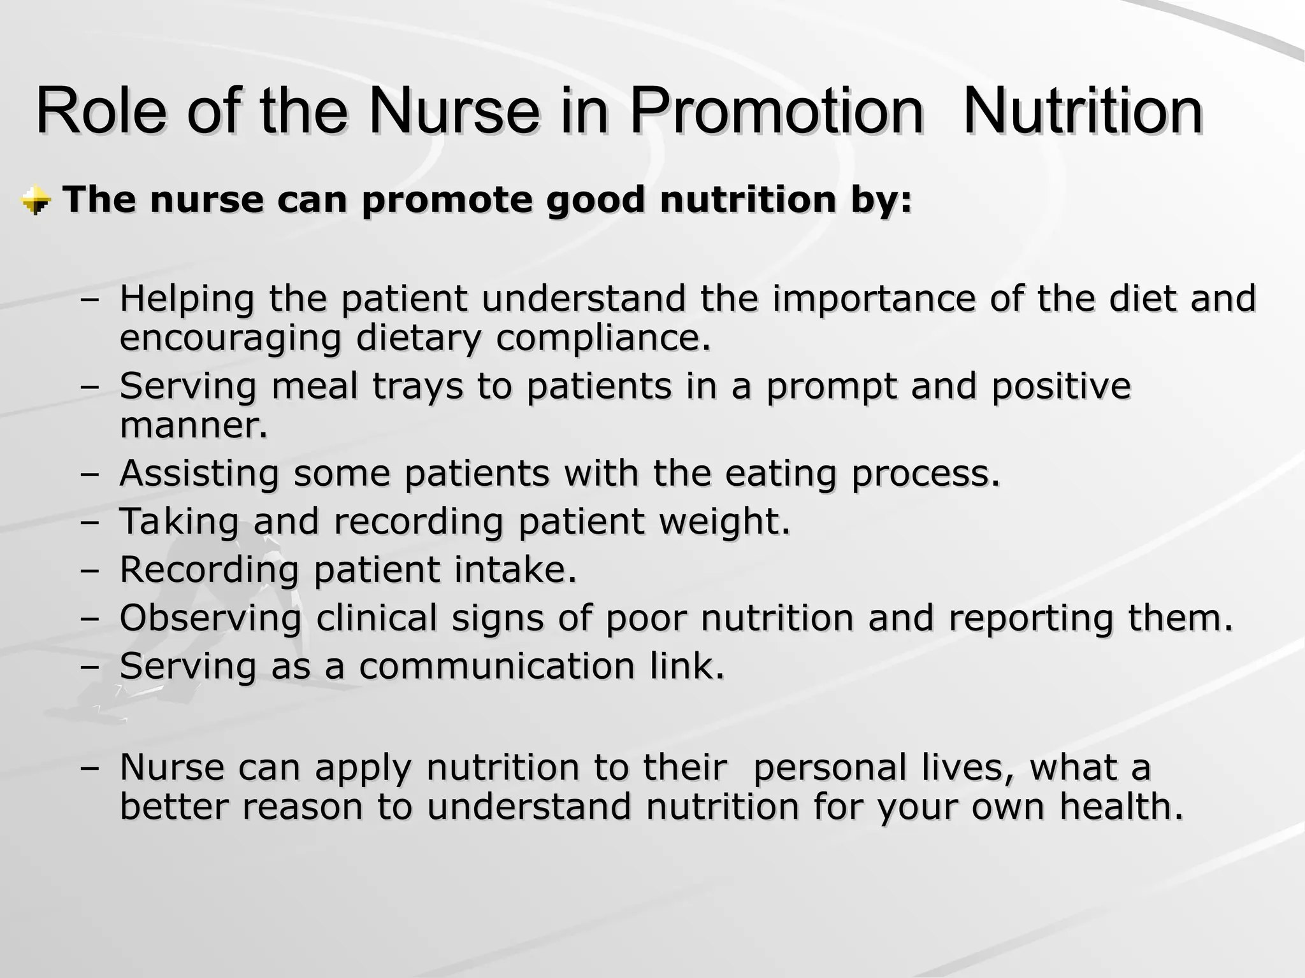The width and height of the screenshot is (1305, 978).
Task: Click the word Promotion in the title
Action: click(776, 113)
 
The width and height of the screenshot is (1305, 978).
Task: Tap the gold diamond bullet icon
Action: click(36, 201)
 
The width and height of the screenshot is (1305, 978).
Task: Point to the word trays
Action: click(417, 386)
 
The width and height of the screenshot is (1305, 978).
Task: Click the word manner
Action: click(193, 425)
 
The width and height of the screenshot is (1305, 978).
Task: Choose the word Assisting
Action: click(199, 474)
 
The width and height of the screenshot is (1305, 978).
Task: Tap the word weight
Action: click(724, 521)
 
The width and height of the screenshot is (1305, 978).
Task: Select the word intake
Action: click(515, 569)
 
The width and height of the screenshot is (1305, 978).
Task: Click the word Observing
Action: click(210, 618)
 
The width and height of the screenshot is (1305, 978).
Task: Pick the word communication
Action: click(496, 666)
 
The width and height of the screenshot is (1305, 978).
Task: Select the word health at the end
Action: click(1121, 807)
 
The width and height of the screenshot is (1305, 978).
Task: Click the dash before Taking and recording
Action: click(90, 523)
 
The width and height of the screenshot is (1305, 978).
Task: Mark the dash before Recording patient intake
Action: click(90, 570)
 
